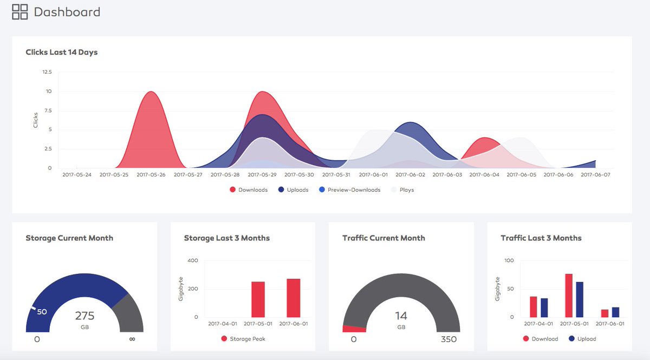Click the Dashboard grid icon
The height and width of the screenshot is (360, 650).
(20, 11)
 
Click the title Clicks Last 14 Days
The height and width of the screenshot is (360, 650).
(61, 53)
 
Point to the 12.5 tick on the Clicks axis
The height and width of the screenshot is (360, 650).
(47, 72)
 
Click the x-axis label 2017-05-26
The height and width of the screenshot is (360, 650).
(151, 175)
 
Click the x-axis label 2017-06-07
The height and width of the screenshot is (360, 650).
(595, 175)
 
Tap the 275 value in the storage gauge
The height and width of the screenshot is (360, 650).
(84, 316)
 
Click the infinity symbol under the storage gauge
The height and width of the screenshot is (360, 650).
(132, 339)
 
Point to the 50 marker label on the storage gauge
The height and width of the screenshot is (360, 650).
(42, 312)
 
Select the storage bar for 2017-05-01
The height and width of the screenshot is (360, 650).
(258, 299)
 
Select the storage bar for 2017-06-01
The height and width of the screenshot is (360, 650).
(293, 298)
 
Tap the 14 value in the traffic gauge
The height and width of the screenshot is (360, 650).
(401, 316)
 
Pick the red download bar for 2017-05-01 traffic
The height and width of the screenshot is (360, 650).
(569, 296)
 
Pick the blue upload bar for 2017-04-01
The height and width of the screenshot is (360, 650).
(544, 307)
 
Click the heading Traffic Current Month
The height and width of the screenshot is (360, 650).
(383, 238)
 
